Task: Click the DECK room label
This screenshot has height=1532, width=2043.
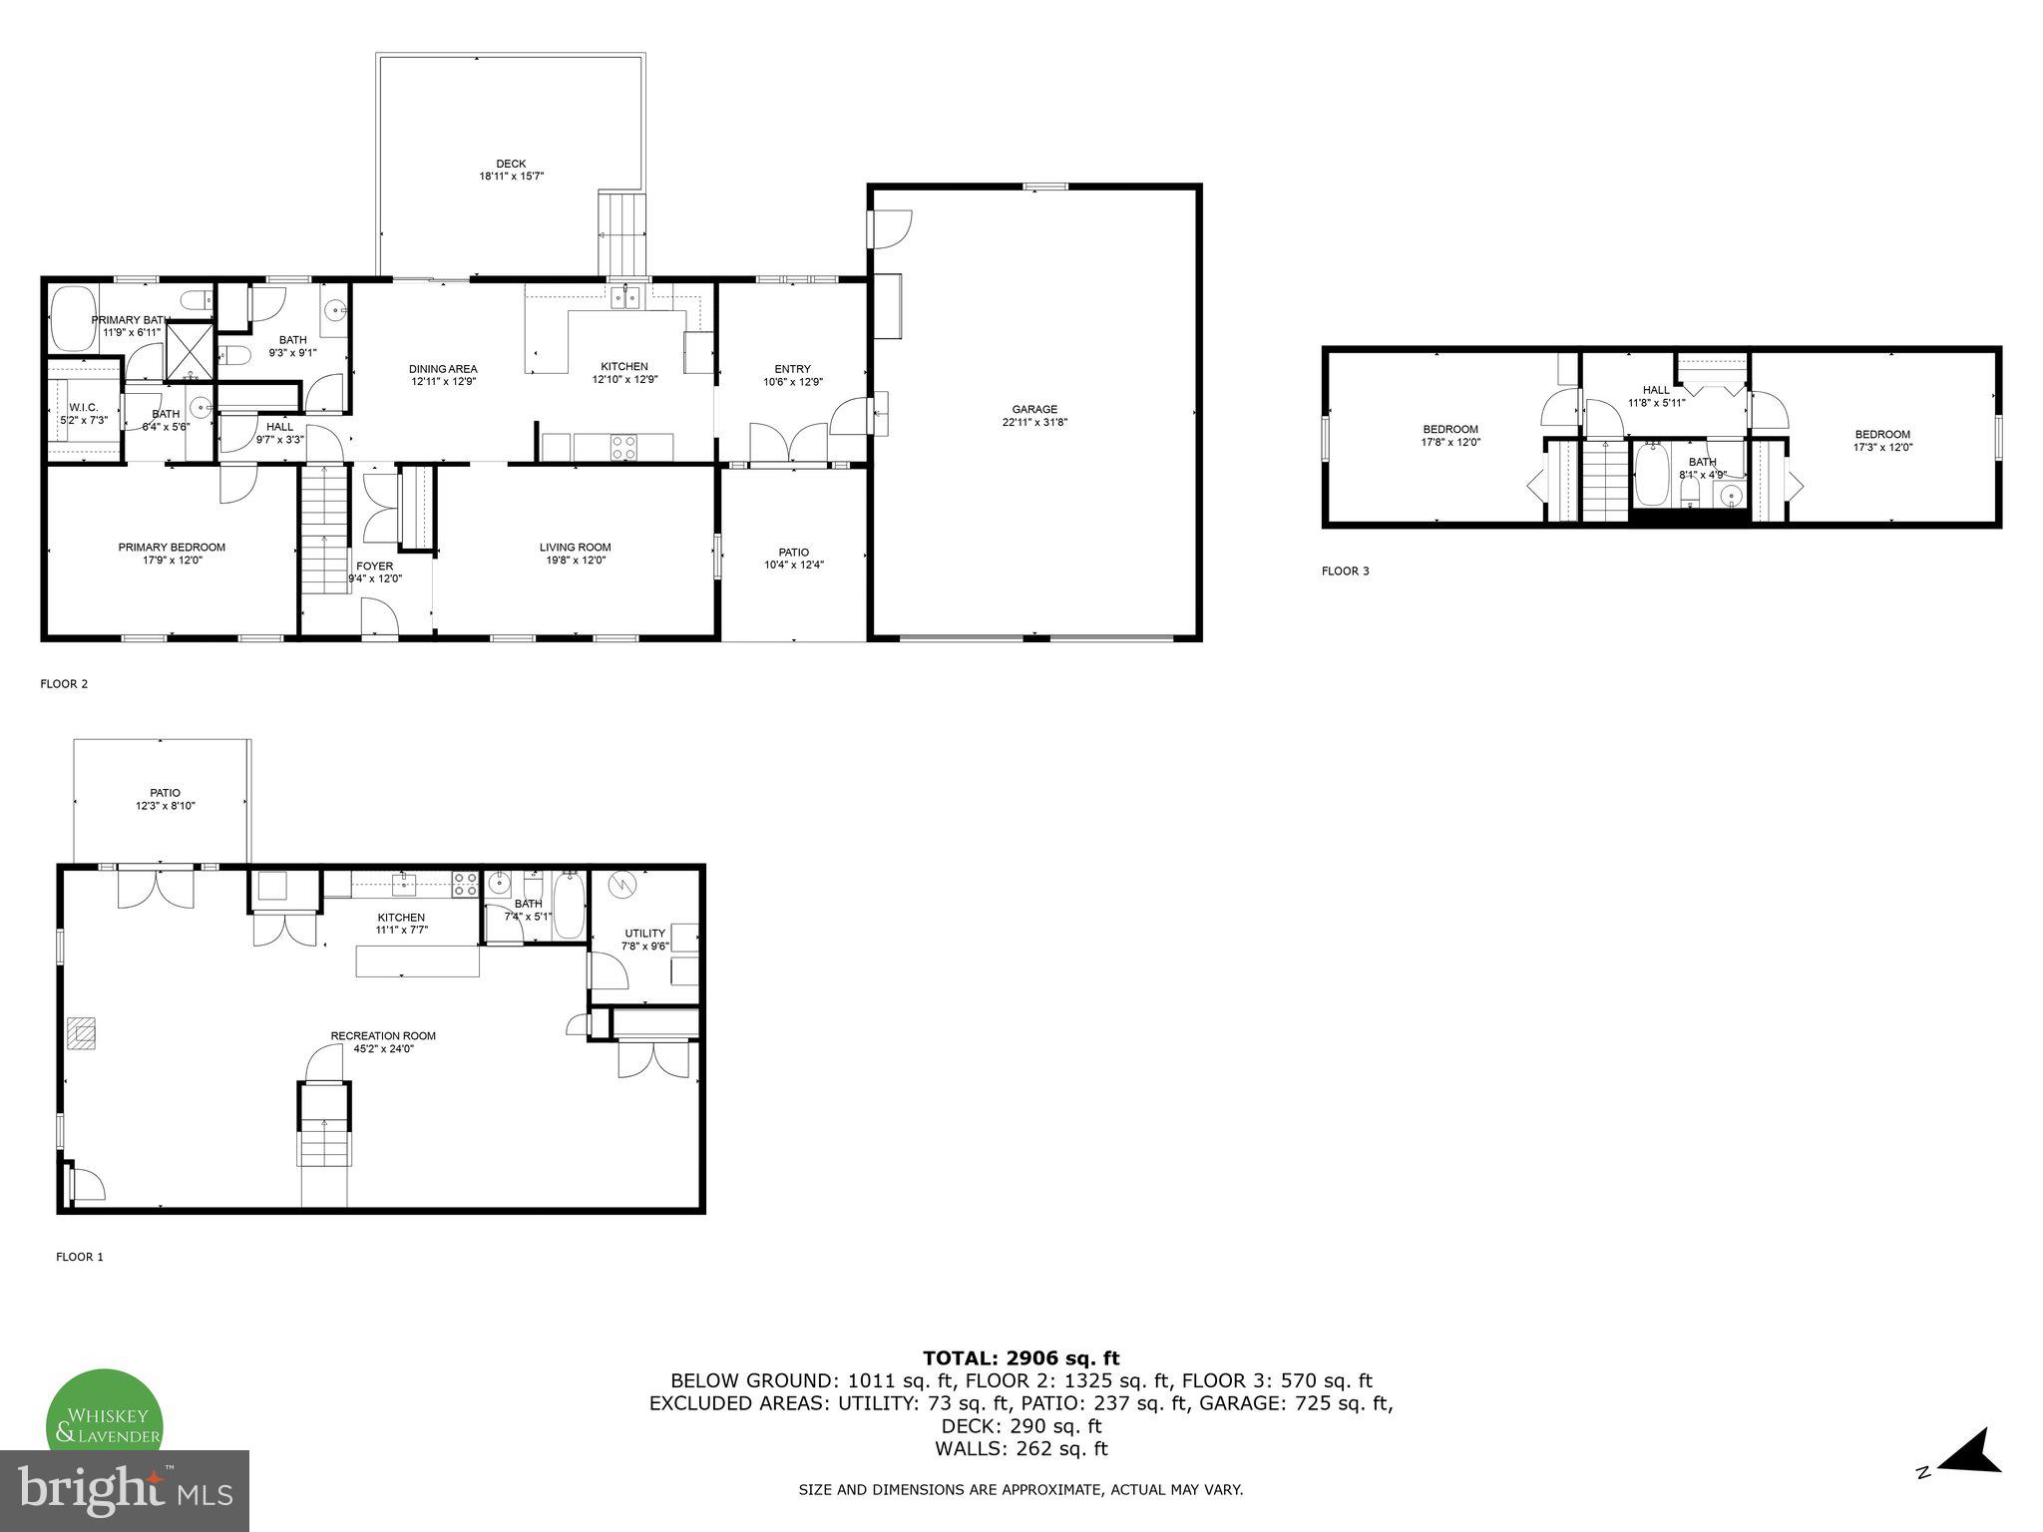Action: (511, 165)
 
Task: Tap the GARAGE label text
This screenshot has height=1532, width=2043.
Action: (1034, 409)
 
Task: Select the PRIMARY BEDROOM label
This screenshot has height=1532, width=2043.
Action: (172, 547)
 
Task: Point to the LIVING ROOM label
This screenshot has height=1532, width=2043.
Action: (575, 547)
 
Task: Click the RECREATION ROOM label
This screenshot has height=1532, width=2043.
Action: (383, 1035)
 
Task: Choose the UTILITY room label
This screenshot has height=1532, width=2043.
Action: (644, 934)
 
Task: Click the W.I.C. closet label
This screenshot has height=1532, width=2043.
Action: (83, 408)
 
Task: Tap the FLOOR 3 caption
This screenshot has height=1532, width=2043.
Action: (1345, 572)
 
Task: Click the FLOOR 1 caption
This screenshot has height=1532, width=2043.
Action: (80, 1257)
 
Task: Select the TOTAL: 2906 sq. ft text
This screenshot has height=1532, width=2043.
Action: (1021, 1357)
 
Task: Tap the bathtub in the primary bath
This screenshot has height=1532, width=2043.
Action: (72, 317)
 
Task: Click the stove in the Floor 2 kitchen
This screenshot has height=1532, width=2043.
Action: (623, 447)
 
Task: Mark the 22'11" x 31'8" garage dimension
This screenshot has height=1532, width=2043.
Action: (1034, 422)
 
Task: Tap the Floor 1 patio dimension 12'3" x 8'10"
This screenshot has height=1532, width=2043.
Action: (166, 806)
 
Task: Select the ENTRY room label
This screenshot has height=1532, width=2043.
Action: (793, 369)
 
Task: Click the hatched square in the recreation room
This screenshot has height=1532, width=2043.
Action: (82, 1032)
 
